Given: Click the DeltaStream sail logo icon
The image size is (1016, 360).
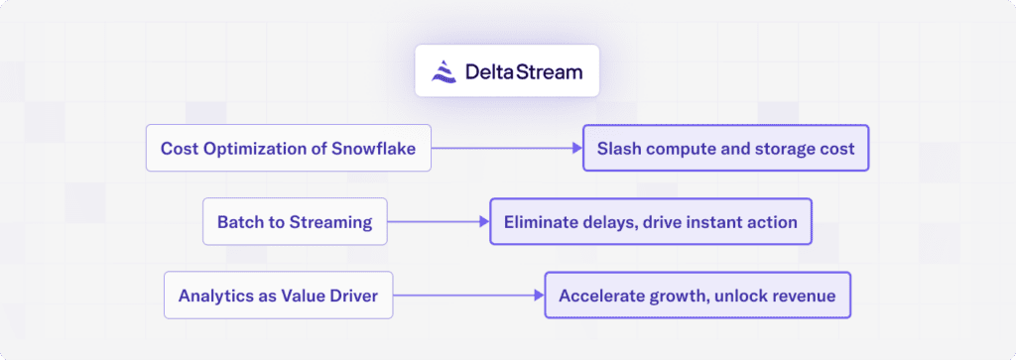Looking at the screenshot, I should (x=444, y=70).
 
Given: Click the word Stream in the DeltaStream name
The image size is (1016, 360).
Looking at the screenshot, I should (x=547, y=71).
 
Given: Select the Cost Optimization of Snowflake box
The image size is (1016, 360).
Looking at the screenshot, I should (x=288, y=149).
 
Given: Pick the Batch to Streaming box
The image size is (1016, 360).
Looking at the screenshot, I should (x=295, y=222).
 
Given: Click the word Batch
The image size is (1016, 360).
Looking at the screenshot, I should (x=239, y=222).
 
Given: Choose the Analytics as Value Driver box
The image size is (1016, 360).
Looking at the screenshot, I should (x=278, y=296).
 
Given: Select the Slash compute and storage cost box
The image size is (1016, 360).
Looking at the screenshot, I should (x=725, y=149).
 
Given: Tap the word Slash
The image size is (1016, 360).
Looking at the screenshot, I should (x=620, y=149).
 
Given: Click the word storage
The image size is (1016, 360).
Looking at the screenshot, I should (x=782, y=149).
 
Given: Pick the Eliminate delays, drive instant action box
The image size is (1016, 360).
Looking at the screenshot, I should (x=650, y=222).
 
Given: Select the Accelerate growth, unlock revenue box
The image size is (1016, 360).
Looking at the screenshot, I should (x=698, y=296).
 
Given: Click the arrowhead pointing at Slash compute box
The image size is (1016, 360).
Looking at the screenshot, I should (x=576, y=149).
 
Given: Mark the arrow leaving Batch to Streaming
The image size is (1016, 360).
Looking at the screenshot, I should (x=437, y=222).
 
